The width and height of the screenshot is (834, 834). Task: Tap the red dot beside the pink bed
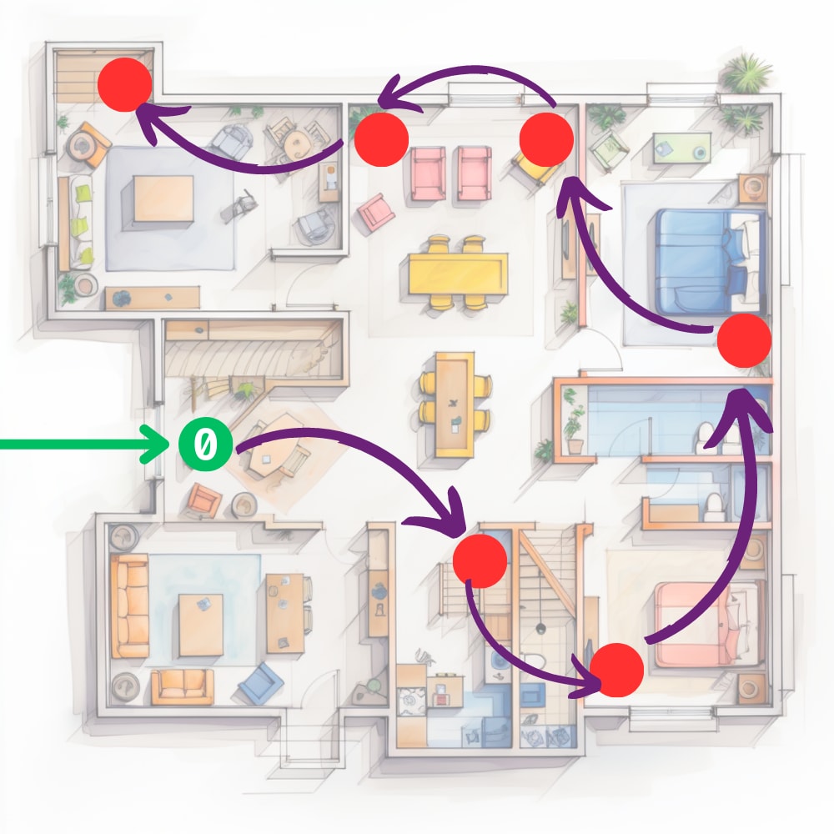pos(616,670)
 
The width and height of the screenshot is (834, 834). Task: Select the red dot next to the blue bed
pos(744,340)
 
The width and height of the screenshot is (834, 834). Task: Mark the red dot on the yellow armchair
pos(546,140)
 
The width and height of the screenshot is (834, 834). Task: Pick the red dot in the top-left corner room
pos(124,84)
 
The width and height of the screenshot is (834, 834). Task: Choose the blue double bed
pos(709,250)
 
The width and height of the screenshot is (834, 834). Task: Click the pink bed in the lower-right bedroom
pos(709,624)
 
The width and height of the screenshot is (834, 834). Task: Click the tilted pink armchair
pos(376,212)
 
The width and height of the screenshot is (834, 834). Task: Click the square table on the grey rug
pos(163,198)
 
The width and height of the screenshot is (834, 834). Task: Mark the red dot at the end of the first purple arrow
pos(480,560)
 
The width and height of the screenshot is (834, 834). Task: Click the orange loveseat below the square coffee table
pos(182,685)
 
